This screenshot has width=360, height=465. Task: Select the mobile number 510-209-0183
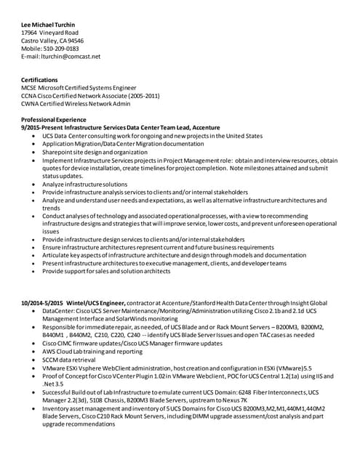tap(63, 49)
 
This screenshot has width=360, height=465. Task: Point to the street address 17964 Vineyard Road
tap(50, 33)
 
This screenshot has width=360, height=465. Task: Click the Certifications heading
tap(43, 81)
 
